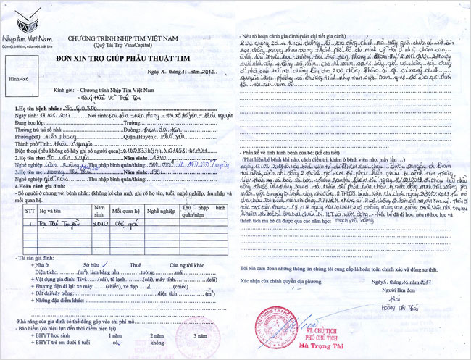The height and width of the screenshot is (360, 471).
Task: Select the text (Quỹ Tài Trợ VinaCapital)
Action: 128,44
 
